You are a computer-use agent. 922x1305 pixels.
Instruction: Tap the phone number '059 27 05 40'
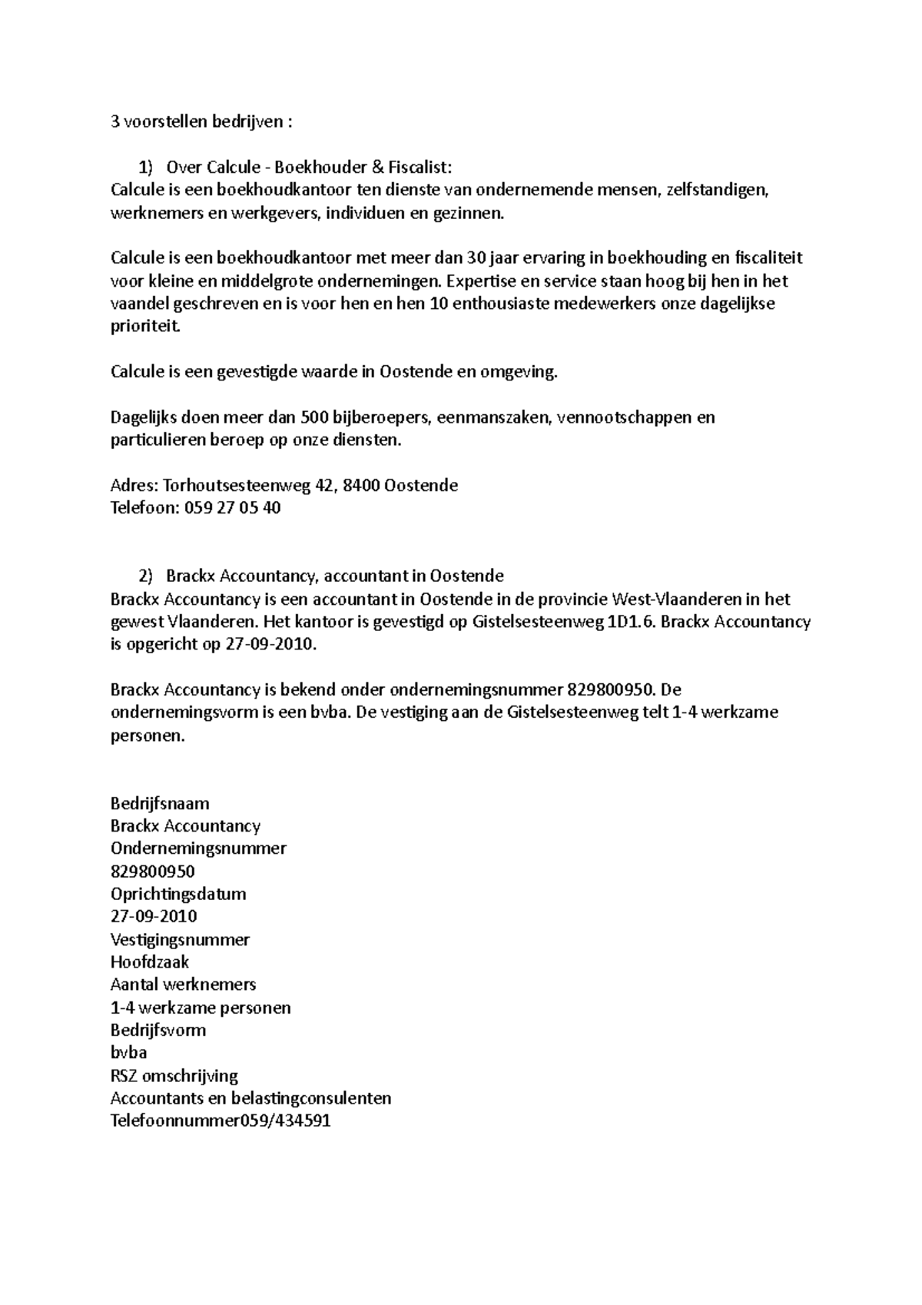click(x=232, y=508)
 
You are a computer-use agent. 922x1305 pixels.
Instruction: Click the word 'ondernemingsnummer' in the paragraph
click(x=476, y=689)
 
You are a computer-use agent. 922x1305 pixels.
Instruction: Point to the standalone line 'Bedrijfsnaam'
click(x=160, y=803)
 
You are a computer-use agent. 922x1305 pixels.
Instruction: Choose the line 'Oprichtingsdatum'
click(x=178, y=894)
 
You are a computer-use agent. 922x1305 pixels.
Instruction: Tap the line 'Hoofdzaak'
click(x=150, y=961)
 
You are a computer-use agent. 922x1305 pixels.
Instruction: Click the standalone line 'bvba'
click(x=128, y=1052)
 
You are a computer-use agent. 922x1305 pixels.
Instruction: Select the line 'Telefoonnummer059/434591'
click(x=221, y=1120)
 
